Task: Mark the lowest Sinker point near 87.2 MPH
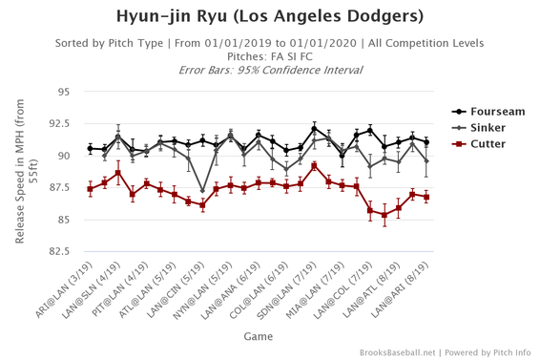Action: point(202,191)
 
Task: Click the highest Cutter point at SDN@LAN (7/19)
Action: point(314,165)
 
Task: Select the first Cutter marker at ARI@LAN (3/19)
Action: point(90,189)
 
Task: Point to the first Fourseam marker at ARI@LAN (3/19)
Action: point(90,149)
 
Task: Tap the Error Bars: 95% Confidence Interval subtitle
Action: point(270,70)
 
